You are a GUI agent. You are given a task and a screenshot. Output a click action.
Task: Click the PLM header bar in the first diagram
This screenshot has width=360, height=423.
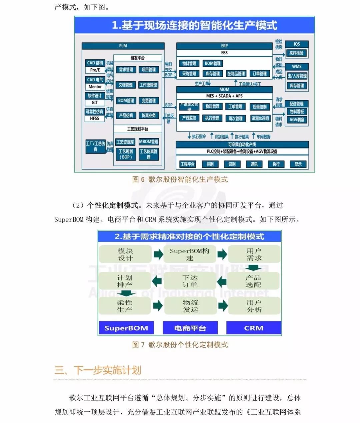tap(123, 46)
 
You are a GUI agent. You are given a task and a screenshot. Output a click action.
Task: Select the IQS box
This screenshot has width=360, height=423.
tap(296, 44)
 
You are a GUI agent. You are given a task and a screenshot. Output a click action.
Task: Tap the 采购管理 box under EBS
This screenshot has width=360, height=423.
tap(189, 74)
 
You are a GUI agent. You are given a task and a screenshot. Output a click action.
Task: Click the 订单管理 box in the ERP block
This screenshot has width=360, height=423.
tap(259, 74)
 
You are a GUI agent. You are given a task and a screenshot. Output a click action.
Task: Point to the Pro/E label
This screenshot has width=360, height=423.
tap(95, 70)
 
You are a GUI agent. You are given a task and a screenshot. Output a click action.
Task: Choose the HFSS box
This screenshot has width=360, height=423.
tap(95, 118)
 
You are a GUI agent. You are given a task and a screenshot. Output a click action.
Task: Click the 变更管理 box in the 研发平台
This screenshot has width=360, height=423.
tap(148, 101)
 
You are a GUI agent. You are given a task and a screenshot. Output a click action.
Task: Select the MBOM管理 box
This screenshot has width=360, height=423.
tap(149, 142)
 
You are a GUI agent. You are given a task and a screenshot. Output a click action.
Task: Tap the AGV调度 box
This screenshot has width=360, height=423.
tap(297, 120)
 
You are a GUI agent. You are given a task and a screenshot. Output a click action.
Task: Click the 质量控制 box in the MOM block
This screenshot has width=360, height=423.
tap(259, 107)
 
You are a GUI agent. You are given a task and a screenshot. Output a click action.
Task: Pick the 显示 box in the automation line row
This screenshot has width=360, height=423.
tap(298, 164)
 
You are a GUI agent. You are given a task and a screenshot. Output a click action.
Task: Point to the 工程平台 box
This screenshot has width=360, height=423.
tap(187, 164)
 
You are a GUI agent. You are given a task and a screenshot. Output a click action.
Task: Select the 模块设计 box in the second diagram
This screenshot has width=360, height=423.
tap(125, 254)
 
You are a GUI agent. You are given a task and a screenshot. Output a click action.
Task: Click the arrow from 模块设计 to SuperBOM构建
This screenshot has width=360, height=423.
tap(158, 254)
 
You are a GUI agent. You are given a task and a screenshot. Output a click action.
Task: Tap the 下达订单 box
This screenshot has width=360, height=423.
tap(190, 281)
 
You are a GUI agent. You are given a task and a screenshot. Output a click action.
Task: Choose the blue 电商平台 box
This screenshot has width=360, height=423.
tap(190, 328)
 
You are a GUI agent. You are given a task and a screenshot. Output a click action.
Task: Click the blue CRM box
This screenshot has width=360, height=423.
tap(254, 328)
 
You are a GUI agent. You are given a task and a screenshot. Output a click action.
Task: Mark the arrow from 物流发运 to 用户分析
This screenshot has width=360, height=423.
tap(223, 306)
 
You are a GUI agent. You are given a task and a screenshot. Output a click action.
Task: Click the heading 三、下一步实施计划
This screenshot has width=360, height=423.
tap(98, 370)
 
